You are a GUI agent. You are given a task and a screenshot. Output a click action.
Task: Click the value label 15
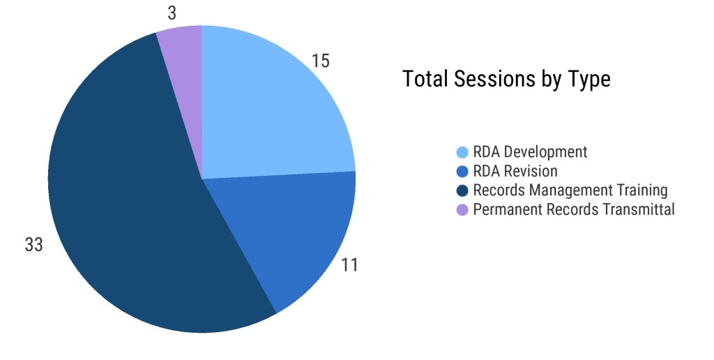click(x=321, y=61)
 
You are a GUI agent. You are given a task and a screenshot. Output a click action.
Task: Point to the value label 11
click(x=349, y=265)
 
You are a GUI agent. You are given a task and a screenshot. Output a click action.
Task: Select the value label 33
click(x=33, y=246)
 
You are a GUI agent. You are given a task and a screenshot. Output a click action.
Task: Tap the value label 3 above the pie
click(x=172, y=13)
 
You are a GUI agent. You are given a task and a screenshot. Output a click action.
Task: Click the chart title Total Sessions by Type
click(x=506, y=80)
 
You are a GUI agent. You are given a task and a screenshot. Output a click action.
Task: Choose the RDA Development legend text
click(x=530, y=152)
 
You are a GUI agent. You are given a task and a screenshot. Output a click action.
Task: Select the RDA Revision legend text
click(x=515, y=171)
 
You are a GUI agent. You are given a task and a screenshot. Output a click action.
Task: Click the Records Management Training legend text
click(x=570, y=190)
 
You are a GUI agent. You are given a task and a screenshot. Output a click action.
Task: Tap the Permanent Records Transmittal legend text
click(x=573, y=209)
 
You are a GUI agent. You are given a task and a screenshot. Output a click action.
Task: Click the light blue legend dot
click(x=462, y=152)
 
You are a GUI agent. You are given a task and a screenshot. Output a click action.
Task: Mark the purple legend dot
click(x=462, y=209)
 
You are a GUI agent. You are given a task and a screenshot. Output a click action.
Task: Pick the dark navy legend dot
click(x=462, y=190)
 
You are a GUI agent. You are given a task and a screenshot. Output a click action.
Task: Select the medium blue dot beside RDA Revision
click(x=462, y=171)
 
